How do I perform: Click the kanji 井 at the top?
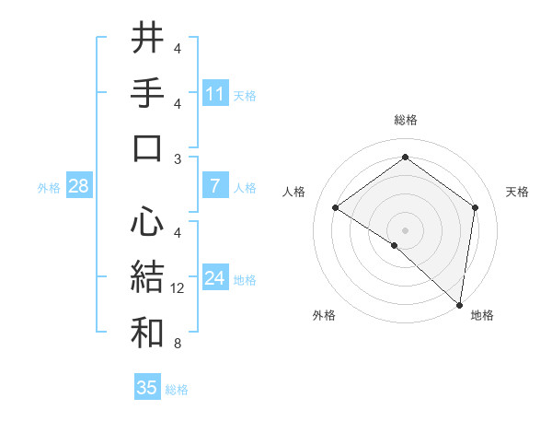tap(147, 38)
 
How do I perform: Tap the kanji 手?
tap(147, 93)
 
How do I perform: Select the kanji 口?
tap(147, 148)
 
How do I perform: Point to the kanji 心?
tap(147, 222)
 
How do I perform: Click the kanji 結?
tap(147, 277)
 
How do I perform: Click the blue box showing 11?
tap(214, 94)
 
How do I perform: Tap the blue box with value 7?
tap(214, 186)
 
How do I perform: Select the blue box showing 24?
tap(214, 279)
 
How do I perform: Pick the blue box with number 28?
tap(79, 186)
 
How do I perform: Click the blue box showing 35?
tap(147, 388)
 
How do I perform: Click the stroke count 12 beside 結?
tap(178, 289)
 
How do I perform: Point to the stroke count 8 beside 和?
tap(178, 345)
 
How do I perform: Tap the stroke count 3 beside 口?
tap(178, 159)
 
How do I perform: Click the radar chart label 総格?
tap(405, 120)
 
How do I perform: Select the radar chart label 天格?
tap(517, 192)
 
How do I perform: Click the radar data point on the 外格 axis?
tap(395, 245)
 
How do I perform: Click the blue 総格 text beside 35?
tap(177, 390)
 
